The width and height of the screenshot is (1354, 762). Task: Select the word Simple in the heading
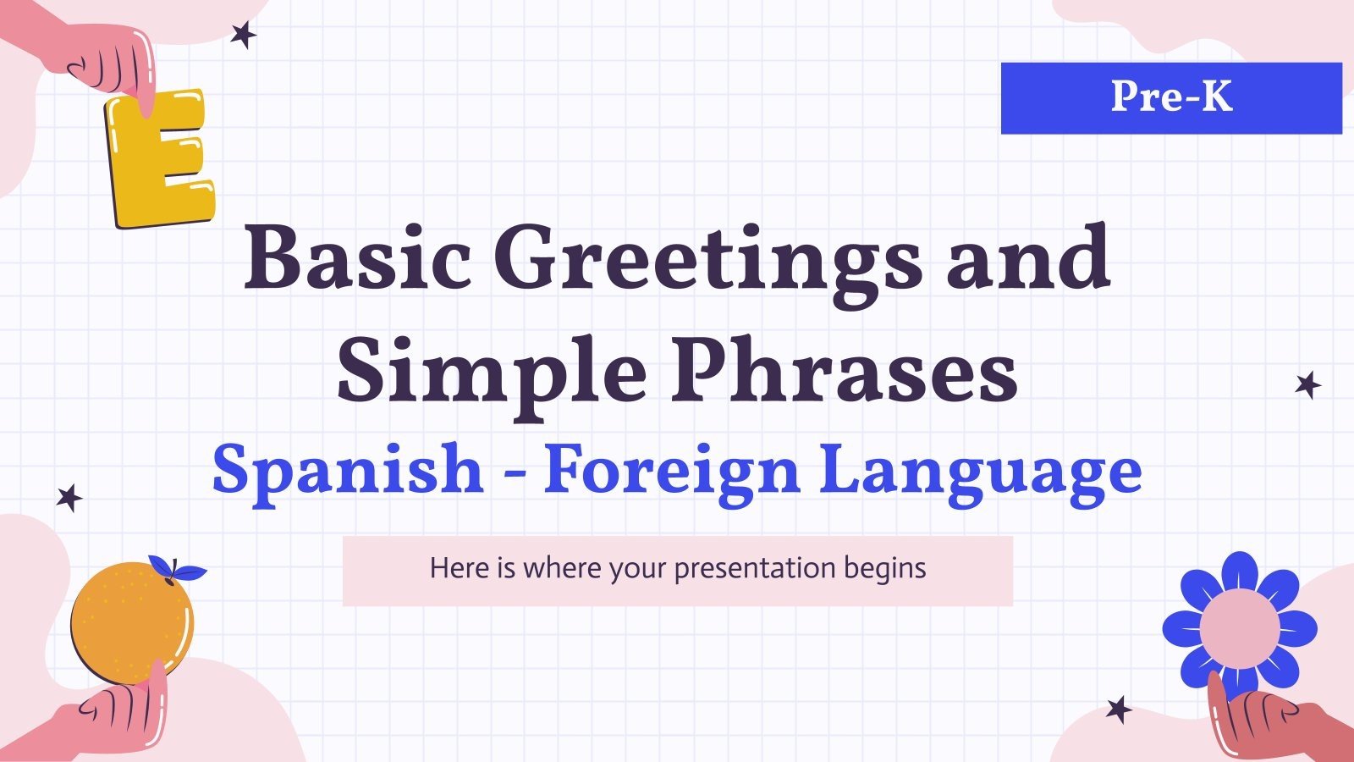click(491, 373)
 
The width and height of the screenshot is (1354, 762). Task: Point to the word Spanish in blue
click(347, 471)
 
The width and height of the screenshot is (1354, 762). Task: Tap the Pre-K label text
click(1171, 97)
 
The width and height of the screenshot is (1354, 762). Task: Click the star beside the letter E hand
click(244, 35)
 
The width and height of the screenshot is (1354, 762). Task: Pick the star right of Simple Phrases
click(1308, 385)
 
